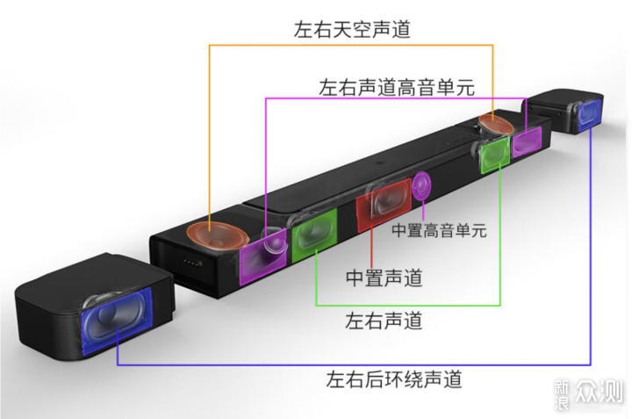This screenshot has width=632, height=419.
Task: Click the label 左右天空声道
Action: (352, 30)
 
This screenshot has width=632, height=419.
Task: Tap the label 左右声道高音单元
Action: (397, 88)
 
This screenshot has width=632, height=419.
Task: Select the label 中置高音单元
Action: (440, 231)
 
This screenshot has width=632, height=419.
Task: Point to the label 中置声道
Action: (384, 278)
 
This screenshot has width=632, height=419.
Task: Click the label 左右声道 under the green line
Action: (384, 321)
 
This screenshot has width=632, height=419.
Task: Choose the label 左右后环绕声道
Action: (394, 379)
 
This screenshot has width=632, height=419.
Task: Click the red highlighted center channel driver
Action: (384, 205)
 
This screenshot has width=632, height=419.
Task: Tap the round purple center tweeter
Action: (421, 185)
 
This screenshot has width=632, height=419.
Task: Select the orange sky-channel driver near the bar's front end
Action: (218, 235)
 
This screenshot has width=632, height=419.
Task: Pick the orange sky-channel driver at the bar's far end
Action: (496, 124)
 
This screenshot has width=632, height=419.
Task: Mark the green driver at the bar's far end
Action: (494, 155)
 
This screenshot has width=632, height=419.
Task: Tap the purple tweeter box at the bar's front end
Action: (262, 256)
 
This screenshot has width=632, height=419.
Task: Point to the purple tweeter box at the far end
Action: (527, 141)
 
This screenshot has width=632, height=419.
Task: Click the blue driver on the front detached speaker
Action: (117, 321)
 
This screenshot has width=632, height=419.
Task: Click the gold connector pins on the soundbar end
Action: (192, 263)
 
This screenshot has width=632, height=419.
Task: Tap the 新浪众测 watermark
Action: (588, 394)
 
